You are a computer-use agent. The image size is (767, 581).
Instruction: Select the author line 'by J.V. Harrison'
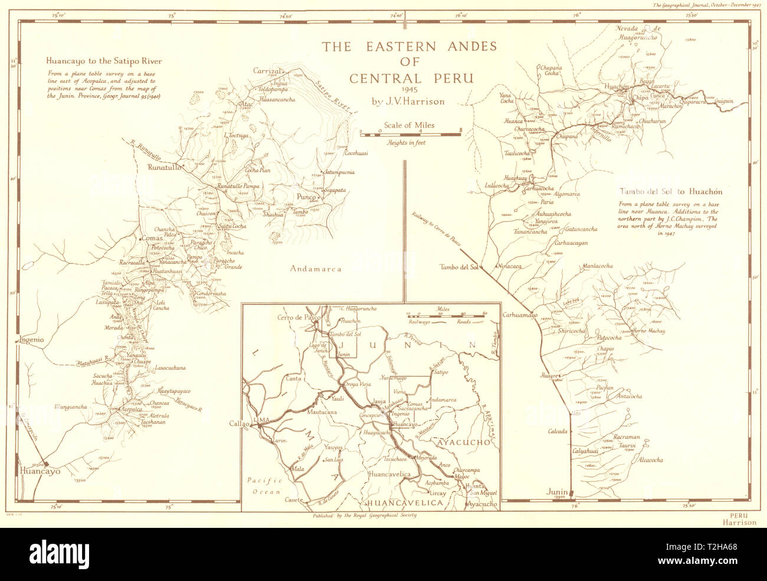[408, 101]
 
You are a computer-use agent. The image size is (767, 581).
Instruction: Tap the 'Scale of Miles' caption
[409, 125]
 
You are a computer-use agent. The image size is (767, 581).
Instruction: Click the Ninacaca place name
[509, 266]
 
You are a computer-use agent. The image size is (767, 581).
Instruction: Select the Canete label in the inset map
[293, 500]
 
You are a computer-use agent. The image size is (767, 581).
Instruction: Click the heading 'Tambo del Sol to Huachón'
[671, 191]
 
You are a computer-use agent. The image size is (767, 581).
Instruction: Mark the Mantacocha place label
[597, 266]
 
